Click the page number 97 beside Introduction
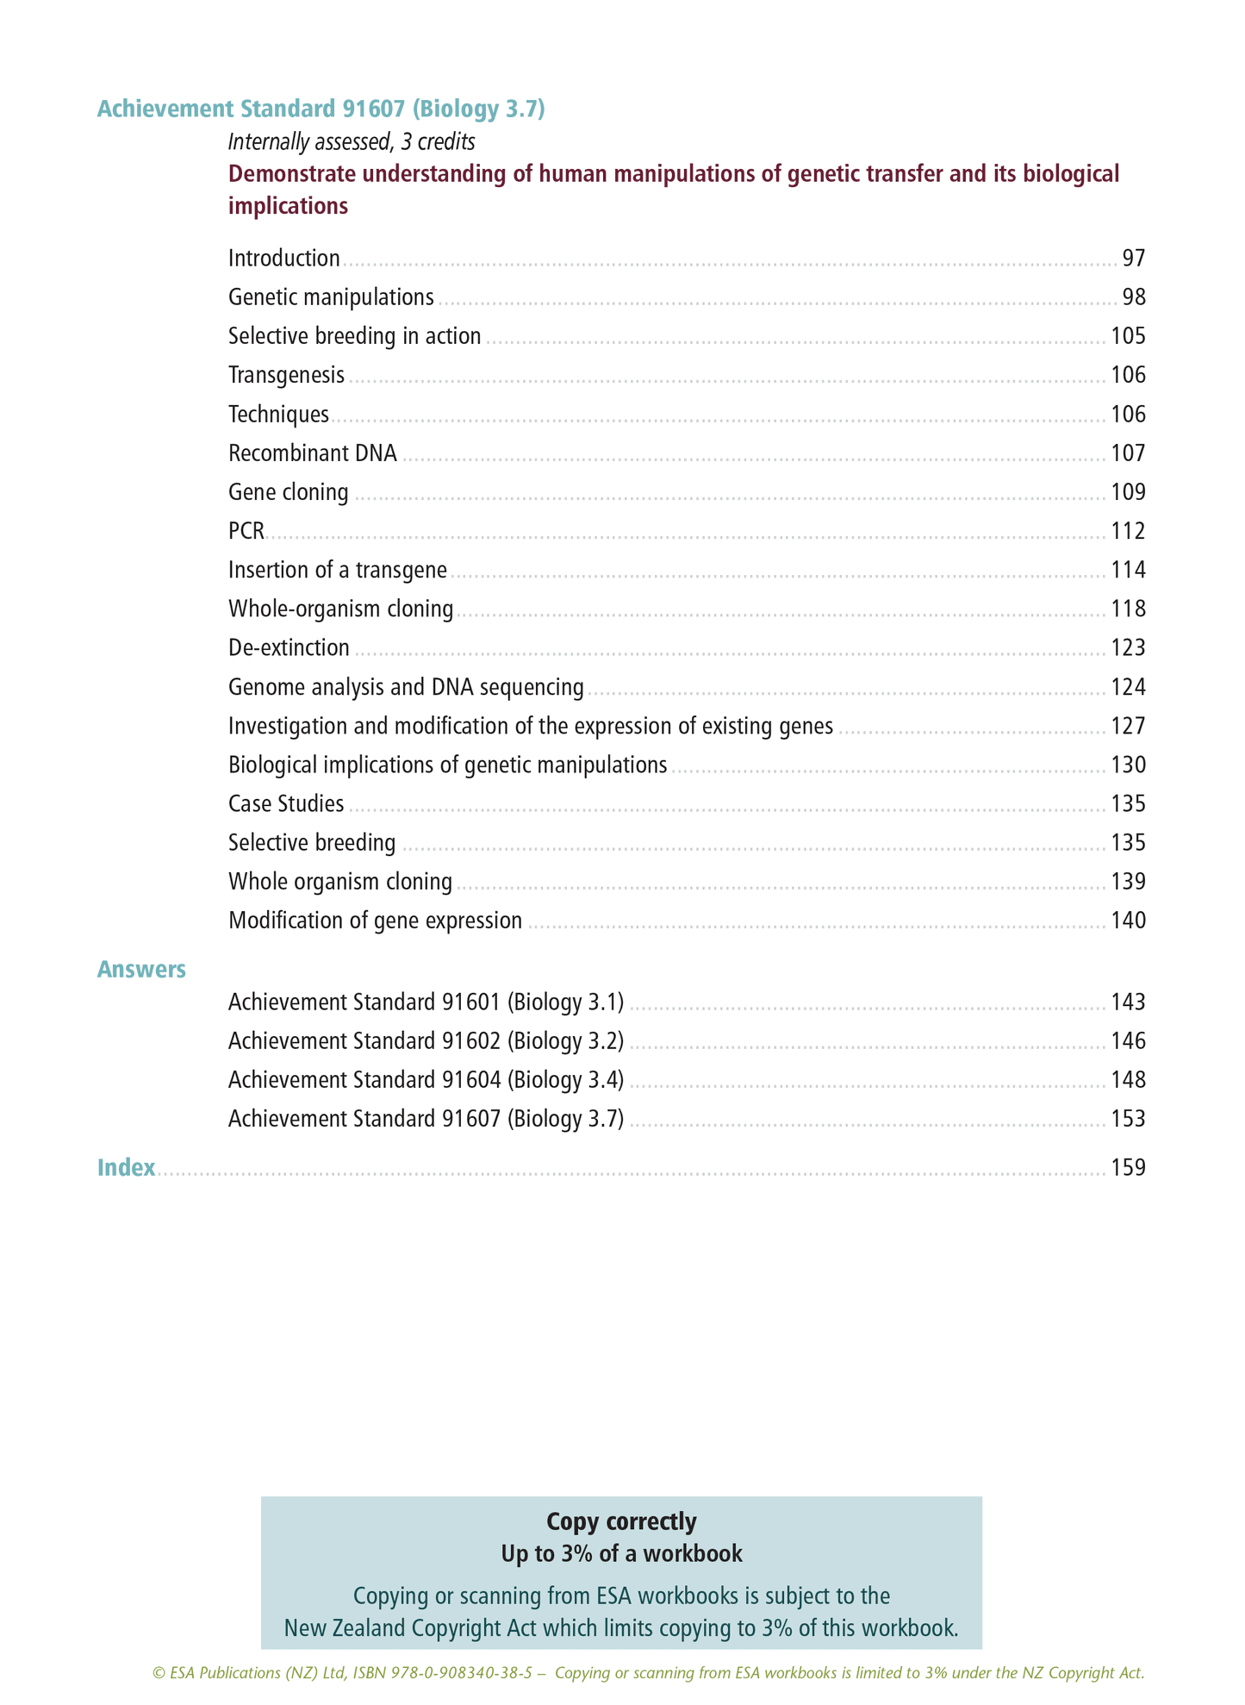[1133, 259]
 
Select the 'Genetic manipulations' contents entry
[331, 297]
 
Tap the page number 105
[1128, 336]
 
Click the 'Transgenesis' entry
[286, 375]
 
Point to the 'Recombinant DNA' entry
[313, 453]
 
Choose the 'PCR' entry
[246, 531]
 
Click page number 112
[1128, 531]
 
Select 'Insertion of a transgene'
[338, 570]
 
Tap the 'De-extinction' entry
[289, 647]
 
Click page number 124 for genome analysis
[1128, 687]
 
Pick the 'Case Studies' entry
[286, 804]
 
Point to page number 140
[1128, 921]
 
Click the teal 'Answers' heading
[141, 970]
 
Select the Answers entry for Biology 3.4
[426, 1080]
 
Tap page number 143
[1128, 1002]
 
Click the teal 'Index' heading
[127, 1168]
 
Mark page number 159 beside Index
[1128, 1168]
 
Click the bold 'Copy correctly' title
[621, 1521]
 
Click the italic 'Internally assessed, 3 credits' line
[352, 141]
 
